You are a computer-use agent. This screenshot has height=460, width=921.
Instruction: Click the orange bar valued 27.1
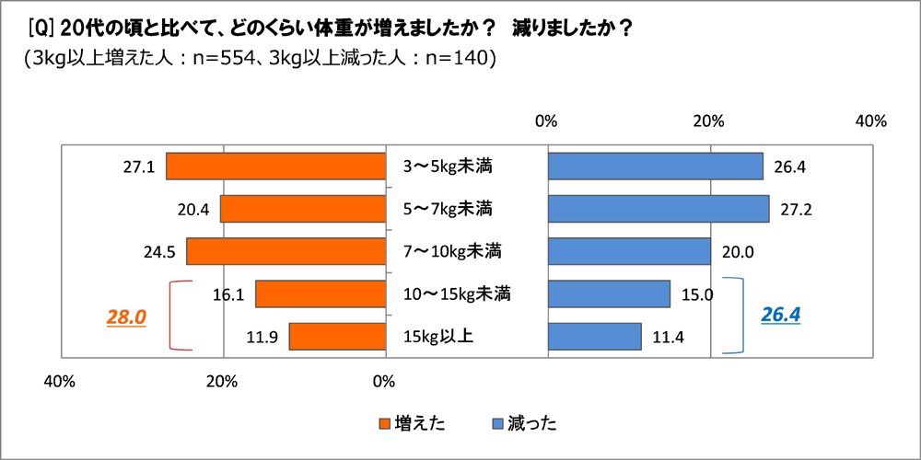click(x=275, y=167)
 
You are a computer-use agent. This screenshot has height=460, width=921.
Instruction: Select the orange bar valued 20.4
click(x=302, y=209)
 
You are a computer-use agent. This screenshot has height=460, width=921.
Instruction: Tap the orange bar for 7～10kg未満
click(x=286, y=251)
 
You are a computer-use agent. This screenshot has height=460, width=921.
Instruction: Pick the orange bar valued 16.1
click(x=320, y=293)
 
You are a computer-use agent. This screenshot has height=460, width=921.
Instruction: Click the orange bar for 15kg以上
click(x=336, y=336)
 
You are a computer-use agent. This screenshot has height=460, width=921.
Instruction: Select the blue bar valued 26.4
click(x=655, y=167)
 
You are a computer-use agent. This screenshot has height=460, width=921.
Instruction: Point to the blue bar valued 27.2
click(x=659, y=209)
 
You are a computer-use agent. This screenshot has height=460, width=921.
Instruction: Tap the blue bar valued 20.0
click(x=629, y=251)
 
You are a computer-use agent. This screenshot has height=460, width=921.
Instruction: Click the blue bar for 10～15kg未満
click(x=609, y=293)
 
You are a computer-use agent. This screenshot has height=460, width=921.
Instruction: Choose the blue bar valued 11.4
click(x=594, y=336)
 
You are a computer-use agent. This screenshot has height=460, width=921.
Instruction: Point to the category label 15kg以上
click(x=438, y=336)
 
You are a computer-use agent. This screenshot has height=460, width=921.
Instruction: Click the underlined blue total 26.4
click(x=780, y=315)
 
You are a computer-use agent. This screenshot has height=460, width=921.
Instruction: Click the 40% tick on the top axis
click(x=870, y=121)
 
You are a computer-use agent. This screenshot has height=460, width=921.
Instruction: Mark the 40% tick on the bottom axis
click(x=59, y=381)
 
